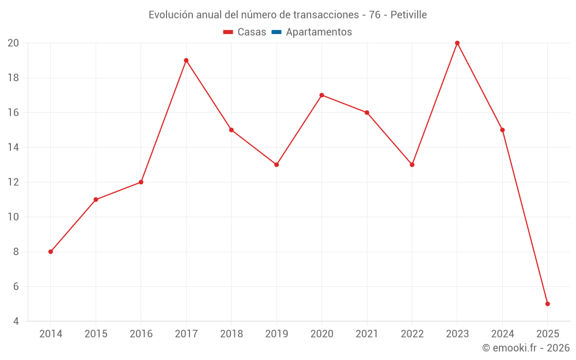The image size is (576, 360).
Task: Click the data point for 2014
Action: (x=51, y=252)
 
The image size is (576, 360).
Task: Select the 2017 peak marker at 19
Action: (x=186, y=60)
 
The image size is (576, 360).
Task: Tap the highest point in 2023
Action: (x=457, y=43)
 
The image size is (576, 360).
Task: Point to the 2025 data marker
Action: (x=547, y=304)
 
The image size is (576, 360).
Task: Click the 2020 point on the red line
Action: (x=321, y=95)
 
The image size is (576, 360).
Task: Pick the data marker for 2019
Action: (x=276, y=165)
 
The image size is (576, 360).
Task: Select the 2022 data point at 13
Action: (x=412, y=165)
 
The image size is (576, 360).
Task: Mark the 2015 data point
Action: (x=96, y=200)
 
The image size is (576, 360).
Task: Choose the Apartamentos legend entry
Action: (x=319, y=32)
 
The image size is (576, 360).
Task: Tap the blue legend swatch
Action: (x=276, y=32)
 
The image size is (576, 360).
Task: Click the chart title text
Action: (x=287, y=15)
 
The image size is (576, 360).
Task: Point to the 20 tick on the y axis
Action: (x=13, y=43)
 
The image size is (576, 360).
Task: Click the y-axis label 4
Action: (x=16, y=321)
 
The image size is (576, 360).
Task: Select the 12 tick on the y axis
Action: (x=13, y=182)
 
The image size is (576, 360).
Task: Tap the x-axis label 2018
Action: (x=231, y=334)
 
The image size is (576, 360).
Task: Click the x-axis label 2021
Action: (x=367, y=334)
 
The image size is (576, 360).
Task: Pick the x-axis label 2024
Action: (x=502, y=334)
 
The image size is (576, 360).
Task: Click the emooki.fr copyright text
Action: (x=525, y=348)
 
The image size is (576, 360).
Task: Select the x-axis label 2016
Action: (x=141, y=334)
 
